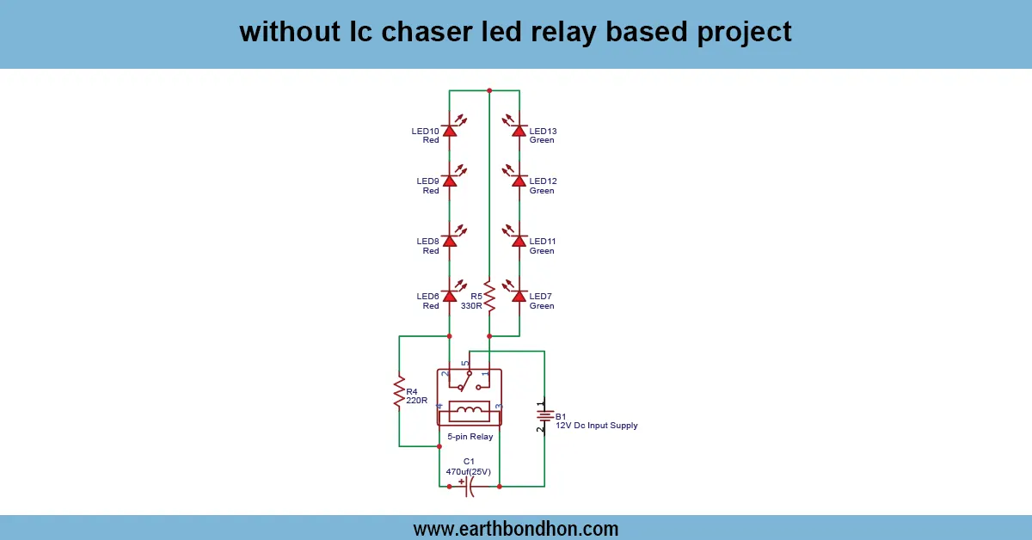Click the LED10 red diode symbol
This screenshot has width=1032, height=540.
coord(449,130)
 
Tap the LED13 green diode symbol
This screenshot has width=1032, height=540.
coord(519,130)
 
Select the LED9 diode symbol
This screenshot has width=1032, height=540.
coord(449,181)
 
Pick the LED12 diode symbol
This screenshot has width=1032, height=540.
coord(519,181)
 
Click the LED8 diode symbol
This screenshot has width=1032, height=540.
coord(449,241)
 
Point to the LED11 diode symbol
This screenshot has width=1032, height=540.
coord(519,241)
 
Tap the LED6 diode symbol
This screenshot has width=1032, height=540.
coord(449,295)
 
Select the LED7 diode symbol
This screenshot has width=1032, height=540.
coord(519,295)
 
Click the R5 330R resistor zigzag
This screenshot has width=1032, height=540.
coord(488,296)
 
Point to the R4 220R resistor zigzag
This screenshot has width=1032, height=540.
coord(399,391)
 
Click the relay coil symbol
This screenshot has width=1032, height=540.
coord(469,410)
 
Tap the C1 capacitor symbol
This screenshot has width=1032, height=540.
coord(469,487)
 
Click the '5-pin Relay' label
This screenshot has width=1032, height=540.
coord(470,437)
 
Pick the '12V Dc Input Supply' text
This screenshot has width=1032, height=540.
coord(596,426)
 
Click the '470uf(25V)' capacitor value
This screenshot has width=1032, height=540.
coord(469,471)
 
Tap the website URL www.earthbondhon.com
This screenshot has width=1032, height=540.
coord(516,528)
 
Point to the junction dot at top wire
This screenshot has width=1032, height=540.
coord(488,89)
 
